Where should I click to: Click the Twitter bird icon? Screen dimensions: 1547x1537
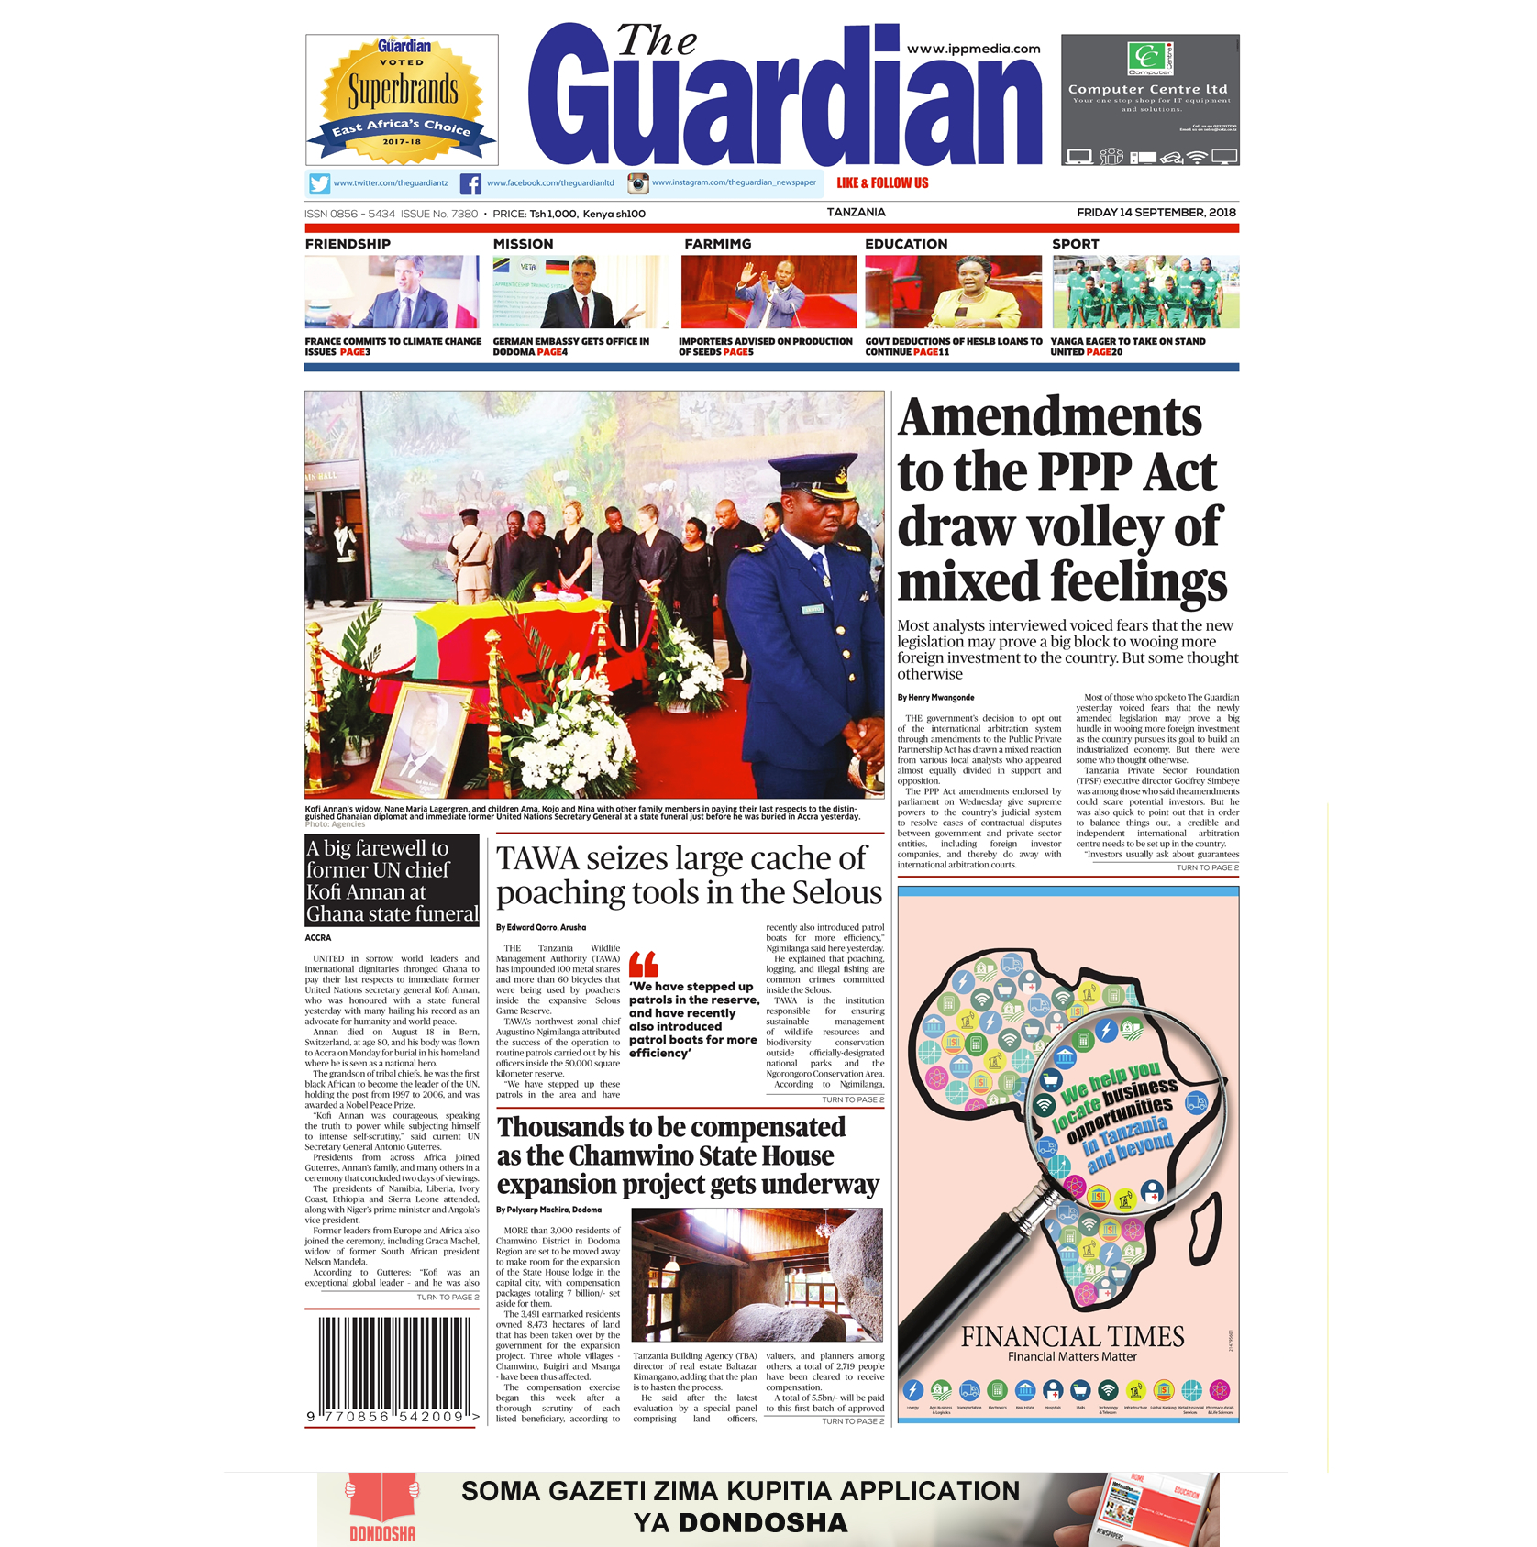(x=319, y=184)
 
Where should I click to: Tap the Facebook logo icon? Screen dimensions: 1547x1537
(x=470, y=184)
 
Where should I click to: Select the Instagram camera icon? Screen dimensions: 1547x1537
(x=637, y=183)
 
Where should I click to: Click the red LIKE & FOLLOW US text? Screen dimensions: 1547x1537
(x=882, y=183)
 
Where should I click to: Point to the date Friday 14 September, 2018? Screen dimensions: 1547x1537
(x=1156, y=213)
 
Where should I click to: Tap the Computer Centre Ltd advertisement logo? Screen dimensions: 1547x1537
(x=1150, y=59)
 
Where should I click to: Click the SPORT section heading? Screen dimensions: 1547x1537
(x=1075, y=244)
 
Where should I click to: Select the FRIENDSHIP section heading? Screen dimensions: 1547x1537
(x=348, y=244)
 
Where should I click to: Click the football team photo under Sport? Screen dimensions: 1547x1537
(x=1145, y=292)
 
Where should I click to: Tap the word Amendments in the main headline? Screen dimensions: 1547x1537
(x=1049, y=418)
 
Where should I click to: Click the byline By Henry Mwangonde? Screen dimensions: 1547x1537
(x=935, y=698)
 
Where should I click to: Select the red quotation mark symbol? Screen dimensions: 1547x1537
(x=644, y=964)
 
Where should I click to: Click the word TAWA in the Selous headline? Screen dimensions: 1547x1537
(x=537, y=858)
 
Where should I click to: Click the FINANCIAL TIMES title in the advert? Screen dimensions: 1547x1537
(x=1072, y=1336)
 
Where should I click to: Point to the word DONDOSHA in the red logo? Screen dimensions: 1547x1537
(x=382, y=1533)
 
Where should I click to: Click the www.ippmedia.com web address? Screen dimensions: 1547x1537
(x=973, y=49)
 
